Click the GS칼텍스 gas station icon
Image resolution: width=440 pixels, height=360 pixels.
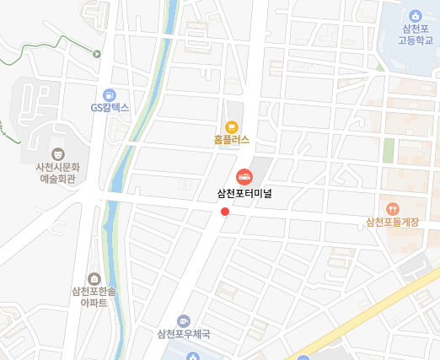coord(110,94)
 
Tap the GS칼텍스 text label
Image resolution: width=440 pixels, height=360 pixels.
coord(110,108)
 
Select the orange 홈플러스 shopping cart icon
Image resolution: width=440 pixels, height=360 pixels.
coord(232,126)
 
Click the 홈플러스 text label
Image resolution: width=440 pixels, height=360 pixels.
coord(232,141)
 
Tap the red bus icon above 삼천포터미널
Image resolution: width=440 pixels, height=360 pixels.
coord(244,176)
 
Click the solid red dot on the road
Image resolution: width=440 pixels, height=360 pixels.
coord(224,212)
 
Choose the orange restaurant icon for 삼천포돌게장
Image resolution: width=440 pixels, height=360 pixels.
coord(392,208)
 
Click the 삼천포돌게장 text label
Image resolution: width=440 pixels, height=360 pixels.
coord(392,223)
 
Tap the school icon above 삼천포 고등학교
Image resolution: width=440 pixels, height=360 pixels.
coord(415,16)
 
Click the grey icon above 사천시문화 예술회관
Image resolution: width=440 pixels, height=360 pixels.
coord(56,153)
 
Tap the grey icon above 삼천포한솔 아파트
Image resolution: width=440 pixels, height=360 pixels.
coord(94,279)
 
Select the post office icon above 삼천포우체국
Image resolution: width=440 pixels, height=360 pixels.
coord(183,320)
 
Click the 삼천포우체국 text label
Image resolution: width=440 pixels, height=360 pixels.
coord(183,334)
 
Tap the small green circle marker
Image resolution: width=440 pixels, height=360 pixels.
coord(97,54)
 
